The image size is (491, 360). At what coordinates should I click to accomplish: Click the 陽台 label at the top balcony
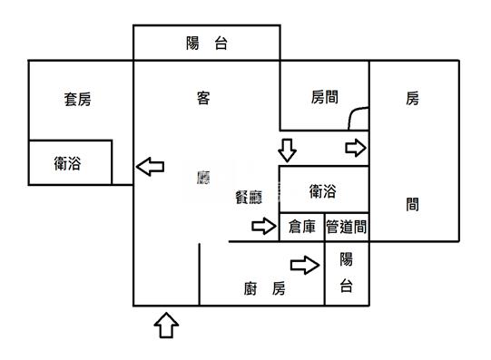click(x=206, y=43)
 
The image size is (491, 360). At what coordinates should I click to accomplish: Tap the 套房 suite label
click(x=77, y=100)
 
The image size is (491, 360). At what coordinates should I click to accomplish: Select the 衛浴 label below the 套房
click(x=69, y=163)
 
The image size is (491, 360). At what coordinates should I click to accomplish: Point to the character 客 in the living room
click(x=203, y=98)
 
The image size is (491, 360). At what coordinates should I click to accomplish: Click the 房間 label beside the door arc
click(x=324, y=96)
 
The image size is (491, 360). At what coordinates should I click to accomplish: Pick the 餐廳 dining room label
click(x=250, y=199)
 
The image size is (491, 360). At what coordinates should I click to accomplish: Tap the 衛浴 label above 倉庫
click(x=323, y=190)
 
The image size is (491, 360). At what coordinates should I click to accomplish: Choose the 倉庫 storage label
click(x=302, y=227)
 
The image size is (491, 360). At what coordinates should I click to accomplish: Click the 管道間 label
click(x=347, y=227)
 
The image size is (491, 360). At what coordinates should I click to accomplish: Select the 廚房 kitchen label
click(x=265, y=289)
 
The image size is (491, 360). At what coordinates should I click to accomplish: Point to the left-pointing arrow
click(x=150, y=166)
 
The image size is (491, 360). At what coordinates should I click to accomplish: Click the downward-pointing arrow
click(x=288, y=149)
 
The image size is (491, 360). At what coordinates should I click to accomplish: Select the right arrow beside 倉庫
click(x=263, y=227)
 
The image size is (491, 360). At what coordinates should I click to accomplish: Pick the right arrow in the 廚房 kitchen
click(x=304, y=265)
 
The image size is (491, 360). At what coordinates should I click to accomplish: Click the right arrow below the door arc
click(x=355, y=148)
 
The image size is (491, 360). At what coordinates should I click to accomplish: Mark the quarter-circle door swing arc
click(x=358, y=116)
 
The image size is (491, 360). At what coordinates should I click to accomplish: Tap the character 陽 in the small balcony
click(x=347, y=259)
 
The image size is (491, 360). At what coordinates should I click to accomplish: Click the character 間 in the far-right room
click(x=413, y=205)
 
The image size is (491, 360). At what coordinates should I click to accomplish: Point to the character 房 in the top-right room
click(x=413, y=99)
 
